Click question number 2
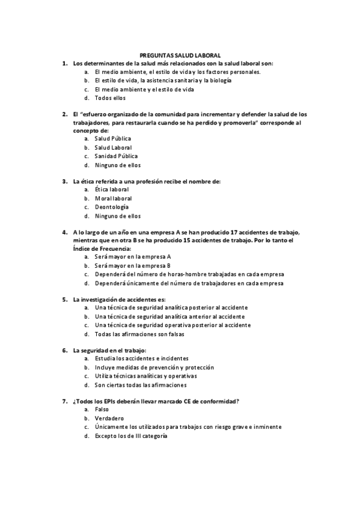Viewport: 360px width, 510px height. (65, 114)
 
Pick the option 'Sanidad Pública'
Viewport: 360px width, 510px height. (116, 156)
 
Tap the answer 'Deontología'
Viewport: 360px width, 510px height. (112, 207)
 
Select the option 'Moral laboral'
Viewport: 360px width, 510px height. (113, 198)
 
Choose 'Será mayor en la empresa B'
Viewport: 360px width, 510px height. (132, 265)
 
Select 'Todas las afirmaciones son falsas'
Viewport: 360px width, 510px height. (139, 334)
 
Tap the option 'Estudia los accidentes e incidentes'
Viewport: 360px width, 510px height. (141, 358)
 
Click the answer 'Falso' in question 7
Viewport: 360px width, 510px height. (102, 410)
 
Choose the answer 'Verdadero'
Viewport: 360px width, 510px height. (109, 418)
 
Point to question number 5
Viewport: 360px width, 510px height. (65, 299)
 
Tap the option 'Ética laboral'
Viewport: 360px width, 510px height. (112, 189)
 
